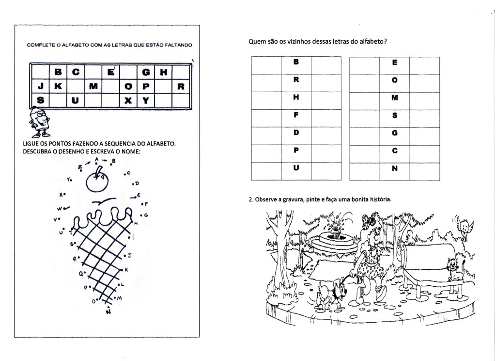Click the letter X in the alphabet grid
coord(128,101)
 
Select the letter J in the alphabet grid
coord(41,86)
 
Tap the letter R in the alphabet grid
coord(181,86)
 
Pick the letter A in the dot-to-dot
coord(97,159)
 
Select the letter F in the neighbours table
coord(296,115)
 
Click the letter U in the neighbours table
coord(296,168)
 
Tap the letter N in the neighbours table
coord(394,168)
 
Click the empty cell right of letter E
coord(424,63)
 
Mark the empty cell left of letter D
coord(266,133)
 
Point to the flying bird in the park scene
coord(466,227)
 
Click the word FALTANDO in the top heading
coord(179,45)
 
